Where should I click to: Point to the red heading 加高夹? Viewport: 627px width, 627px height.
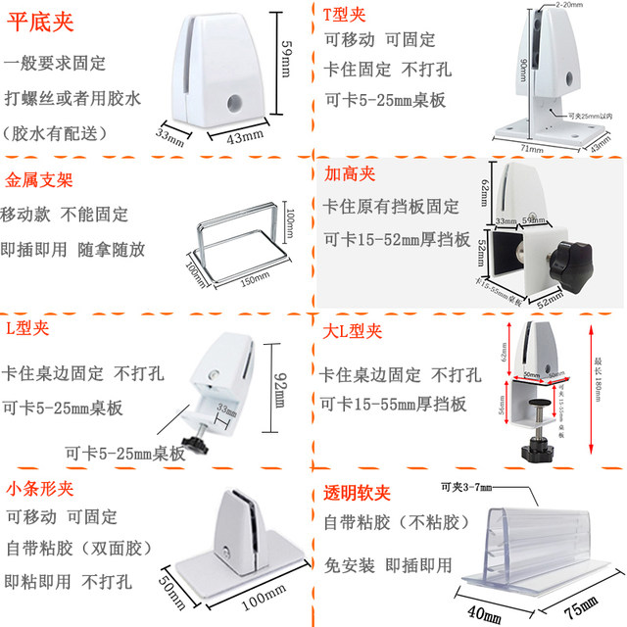pyautogui.click(x=351, y=173)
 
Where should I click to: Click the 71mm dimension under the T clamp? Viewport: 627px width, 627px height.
pyautogui.click(x=530, y=148)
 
